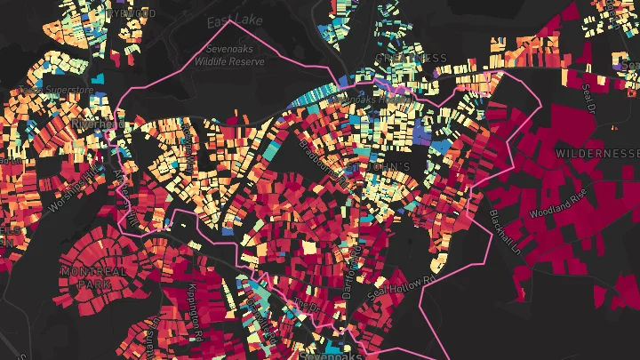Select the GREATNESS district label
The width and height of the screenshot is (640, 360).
(411, 59)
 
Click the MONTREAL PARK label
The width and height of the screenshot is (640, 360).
(87, 276)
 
